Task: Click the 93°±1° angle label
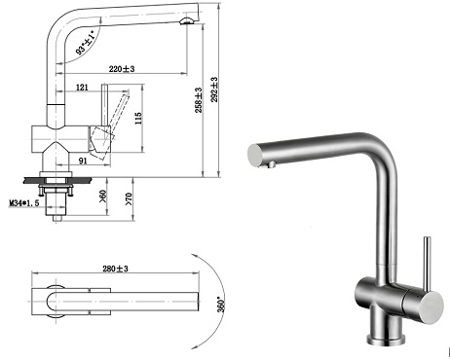pyautogui.click(x=85, y=43)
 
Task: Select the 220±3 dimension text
pyautogui.click(x=122, y=69)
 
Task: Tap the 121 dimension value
pyautogui.click(x=82, y=88)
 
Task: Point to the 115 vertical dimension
pyautogui.click(x=138, y=119)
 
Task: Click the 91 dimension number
pyautogui.click(x=83, y=161)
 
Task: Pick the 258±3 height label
pyautogui.click(x=199, y=100)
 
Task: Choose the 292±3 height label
pyautogui.click(x=214, y=90)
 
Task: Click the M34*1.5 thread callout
pyautogui.click(x=23, y=203)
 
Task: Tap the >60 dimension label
pyautogui.click(x=103, y=197)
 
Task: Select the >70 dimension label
pyautogui.click(x=130, y=198)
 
